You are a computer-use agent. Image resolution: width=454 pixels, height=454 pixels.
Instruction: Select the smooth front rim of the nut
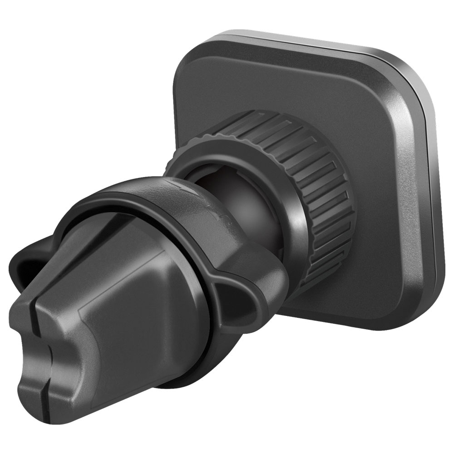tap(291, 191)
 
